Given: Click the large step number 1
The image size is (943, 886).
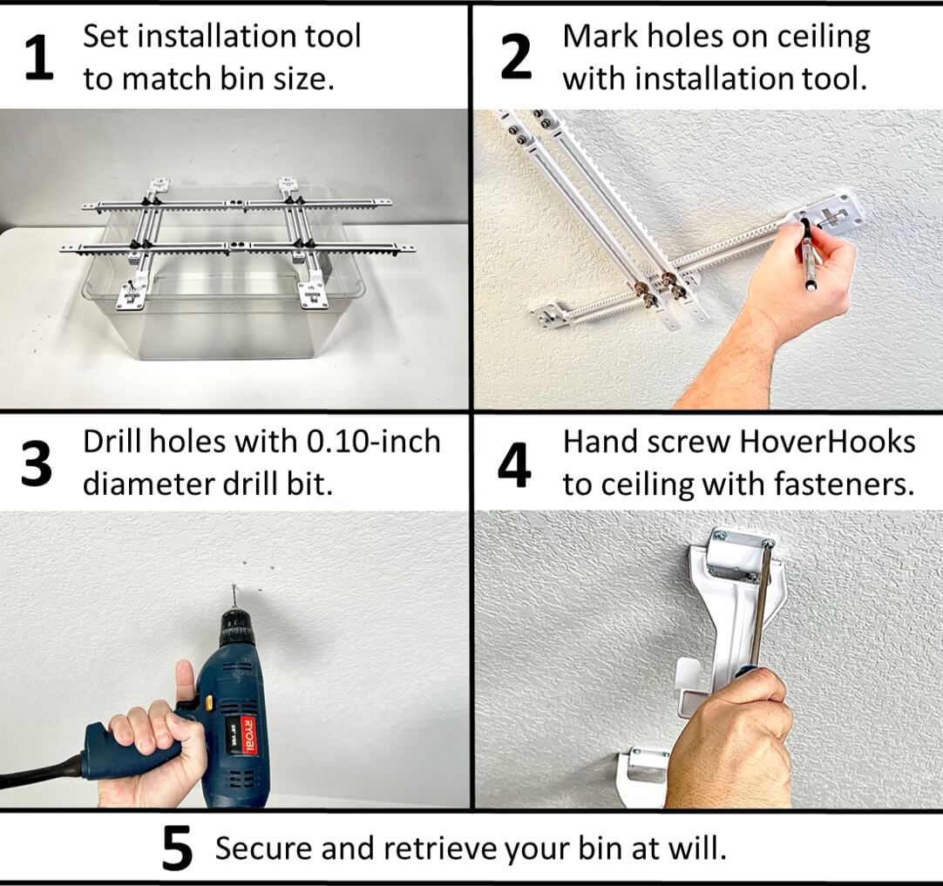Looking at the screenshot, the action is pyautogui.click(x=40, y=57).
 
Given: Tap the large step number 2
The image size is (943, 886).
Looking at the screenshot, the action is pyautogui.click(x=516, y=57).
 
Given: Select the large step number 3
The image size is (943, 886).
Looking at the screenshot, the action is pyautogui.click(x=36, y=463).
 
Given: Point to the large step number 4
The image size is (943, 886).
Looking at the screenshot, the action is pyautogui.click(x=515, y=463).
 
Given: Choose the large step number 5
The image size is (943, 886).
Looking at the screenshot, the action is pyautogui.click(x=178, y=849).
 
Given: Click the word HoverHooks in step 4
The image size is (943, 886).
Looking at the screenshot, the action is pyautogui.click(x=826, y=442).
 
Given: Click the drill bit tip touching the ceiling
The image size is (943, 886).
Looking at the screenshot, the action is pyautogui.click(x=234, y=586).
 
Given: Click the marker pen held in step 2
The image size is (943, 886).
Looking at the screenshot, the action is pyautogui.click(x=806, y=255).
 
